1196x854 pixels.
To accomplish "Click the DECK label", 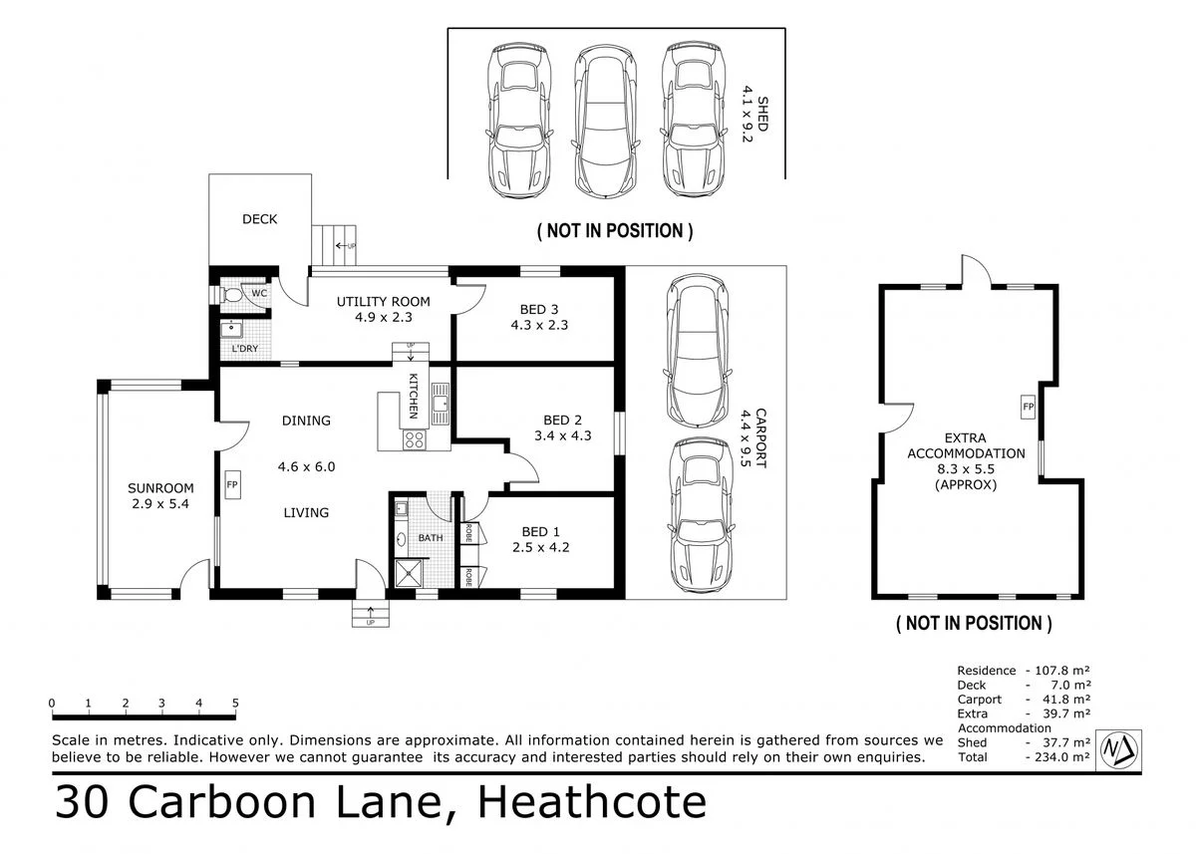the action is (259, 219).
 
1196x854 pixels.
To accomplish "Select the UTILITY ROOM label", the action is (384, 302).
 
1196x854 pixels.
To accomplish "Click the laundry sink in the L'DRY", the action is (231, 329).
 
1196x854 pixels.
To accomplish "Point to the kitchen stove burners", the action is (415, 439).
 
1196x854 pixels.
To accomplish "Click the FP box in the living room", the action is (232, 484).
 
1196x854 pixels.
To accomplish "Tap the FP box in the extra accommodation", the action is (1028, 407).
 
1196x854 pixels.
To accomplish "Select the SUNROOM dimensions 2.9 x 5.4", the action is (160, 503).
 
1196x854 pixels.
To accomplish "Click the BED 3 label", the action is (539, 309).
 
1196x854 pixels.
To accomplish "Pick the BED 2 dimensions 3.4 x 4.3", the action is (563, 435).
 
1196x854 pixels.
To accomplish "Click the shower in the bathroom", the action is (410, 573).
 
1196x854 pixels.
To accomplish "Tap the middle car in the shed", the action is (606, 122).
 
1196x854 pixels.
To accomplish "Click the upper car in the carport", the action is (697, 351).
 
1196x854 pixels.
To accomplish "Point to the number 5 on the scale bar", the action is (235, 703).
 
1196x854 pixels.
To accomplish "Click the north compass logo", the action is (1119, 749).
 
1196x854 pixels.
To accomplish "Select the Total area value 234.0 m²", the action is (1062, 757).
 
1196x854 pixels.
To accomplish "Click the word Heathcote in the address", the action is (592, 802).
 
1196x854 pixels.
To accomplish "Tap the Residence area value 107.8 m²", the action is (1062, 671).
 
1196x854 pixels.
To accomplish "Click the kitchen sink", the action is (441, 404).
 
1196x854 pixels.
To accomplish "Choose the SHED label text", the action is (761, 114).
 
